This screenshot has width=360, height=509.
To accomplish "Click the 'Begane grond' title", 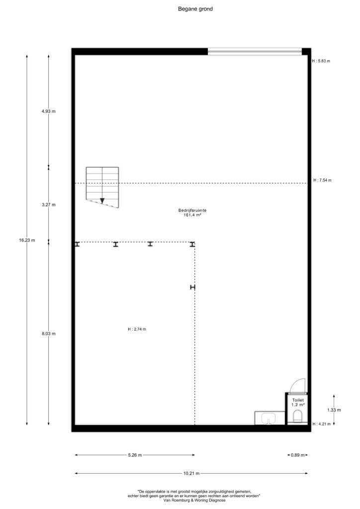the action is (x=195, y=9).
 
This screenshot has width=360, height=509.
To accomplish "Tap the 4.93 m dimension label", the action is (x=48, y=111).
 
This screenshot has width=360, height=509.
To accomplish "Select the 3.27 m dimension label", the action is (x=48, y=205).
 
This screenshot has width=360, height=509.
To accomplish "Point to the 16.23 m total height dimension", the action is (x=27, y=240).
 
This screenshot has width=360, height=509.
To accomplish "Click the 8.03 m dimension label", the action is (x=48, y=334).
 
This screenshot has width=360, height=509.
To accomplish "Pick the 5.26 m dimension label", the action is (x=135, y=455).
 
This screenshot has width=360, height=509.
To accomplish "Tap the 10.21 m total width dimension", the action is (x=191, y=474).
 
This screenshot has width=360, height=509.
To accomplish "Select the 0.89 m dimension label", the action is (x=298, y=455).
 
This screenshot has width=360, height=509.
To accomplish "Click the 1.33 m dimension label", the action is (x=334, y=410).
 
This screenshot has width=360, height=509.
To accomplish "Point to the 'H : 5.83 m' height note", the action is (x=321, y=61).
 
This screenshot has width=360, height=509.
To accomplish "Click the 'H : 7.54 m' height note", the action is (x=322, y=180).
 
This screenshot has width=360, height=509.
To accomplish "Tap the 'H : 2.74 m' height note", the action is (x=137, y=329).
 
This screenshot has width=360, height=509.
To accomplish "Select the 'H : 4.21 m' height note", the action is (x=321, y=424).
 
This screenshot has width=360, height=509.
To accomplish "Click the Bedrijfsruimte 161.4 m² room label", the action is (x=192, y=213).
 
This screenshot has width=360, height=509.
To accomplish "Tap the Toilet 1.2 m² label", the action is (x=298, y=403).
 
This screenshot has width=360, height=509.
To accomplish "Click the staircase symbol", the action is (x=102, y=187).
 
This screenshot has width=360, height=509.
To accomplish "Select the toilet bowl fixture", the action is (x=297, y=416).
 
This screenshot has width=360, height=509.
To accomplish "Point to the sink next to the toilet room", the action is (x=269, y=418).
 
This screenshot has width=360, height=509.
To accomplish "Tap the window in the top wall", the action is (x=255, y=52).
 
